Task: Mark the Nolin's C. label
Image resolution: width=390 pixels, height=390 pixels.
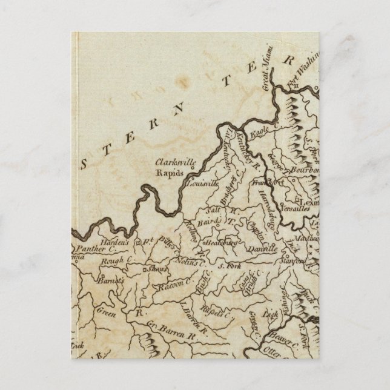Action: click(191, 264)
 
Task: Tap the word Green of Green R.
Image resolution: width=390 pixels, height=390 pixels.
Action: click(107, 312)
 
